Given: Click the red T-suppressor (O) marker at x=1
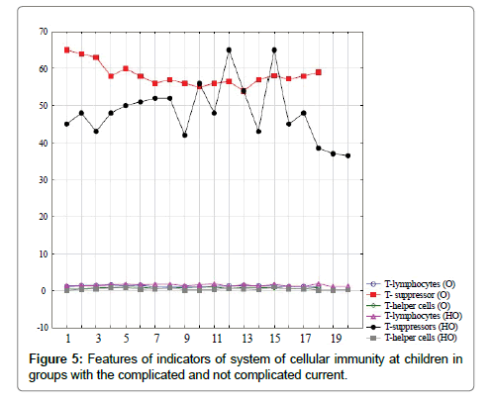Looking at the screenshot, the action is (66, 50).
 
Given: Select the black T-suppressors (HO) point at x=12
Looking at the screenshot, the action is (229, 50).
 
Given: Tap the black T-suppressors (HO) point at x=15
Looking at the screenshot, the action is (274, 50).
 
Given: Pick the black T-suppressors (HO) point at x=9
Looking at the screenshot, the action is (185, 136).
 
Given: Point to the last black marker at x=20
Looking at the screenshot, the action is (347, 155).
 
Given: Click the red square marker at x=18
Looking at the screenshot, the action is (319, 72).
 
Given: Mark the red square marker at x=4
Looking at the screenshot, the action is (111, 76).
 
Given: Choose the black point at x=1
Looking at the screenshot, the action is (66, 124).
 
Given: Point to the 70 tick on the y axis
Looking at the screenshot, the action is (44, 32).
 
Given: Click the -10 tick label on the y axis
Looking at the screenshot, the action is (42, 327).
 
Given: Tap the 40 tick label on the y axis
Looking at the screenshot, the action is (44, 143).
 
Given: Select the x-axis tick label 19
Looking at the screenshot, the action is (336, 339).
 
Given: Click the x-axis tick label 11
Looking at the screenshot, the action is (217, 339).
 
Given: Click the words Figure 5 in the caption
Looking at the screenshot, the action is (56, 359).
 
